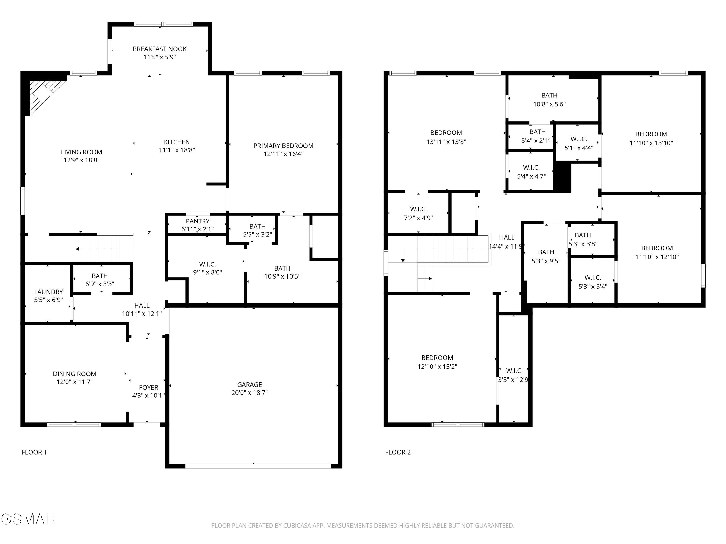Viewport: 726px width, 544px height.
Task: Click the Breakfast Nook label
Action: click(x=159, y=49)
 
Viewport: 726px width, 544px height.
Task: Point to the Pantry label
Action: click(x=197, y=221)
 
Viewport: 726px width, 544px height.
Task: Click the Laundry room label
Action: click(x=49, y=292)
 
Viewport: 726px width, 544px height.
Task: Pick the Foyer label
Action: click(x=148, y=387)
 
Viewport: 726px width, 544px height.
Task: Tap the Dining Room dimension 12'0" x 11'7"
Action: click(x=75, y=382)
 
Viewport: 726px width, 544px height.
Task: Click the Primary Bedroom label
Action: click(x=283, y=146)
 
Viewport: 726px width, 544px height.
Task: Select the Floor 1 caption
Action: click(x=34, y=452)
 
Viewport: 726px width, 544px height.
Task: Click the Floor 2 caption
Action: click(x=398, y=452)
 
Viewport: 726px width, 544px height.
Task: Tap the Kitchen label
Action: click(x=177, y=142)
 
